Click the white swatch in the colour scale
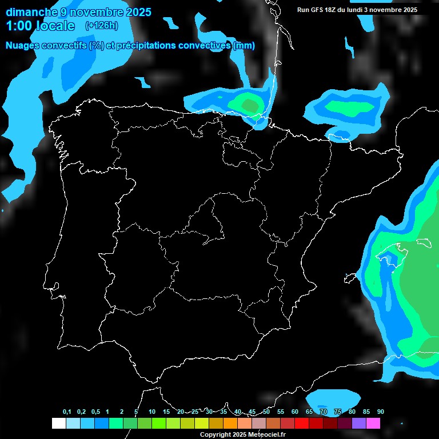58,423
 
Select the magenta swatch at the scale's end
373,423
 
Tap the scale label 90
381,412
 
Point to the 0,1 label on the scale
67,412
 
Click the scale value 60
295,412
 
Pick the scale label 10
152,412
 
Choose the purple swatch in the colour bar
359,423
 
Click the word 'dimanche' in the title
29,12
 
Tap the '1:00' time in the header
18,26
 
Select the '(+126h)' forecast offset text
101,26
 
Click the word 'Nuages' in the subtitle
22,46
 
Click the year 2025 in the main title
137,12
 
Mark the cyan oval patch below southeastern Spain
333,398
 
